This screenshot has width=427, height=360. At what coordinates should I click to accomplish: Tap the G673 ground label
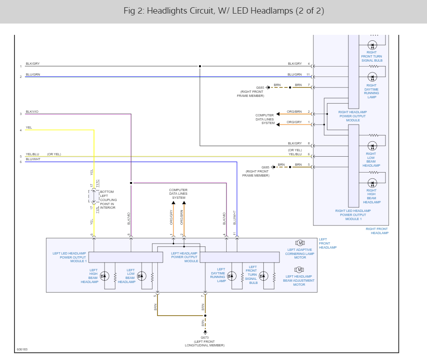click(204, 338)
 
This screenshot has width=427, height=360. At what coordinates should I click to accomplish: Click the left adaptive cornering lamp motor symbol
click(300, 243)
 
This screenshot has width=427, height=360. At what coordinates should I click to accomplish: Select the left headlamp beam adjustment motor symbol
click(299, 270)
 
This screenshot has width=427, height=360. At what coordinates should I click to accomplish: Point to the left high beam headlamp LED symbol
click(104, 276)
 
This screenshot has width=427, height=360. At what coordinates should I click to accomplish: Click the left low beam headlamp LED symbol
click(142, 276)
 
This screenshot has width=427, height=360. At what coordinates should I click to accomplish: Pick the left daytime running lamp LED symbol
click(232, 276)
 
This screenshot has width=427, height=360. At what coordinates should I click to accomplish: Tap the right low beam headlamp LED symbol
click(372, 146)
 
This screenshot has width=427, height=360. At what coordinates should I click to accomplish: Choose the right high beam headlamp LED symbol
click(372, 183)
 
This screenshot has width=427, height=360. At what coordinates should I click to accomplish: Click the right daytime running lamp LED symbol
click(372, 77)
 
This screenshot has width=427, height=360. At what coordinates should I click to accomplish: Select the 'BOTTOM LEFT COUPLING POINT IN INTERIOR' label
click(108, 200)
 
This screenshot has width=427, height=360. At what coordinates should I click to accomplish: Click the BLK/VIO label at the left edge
click(32, 112)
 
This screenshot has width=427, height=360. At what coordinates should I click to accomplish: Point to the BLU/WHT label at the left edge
click(33, 159)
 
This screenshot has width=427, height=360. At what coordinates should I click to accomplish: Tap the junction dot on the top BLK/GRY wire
click(200, 66)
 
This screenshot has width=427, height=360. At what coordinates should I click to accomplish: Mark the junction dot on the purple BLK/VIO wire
click(131, 183)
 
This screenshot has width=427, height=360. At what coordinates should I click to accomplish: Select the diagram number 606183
click(22, 350)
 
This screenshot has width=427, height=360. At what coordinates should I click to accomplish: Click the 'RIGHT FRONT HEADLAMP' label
click(377, 231)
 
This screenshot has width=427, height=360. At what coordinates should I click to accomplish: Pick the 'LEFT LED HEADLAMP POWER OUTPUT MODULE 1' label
click(70, 257)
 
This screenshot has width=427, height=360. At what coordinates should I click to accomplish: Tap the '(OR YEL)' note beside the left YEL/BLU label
click(54, 154)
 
